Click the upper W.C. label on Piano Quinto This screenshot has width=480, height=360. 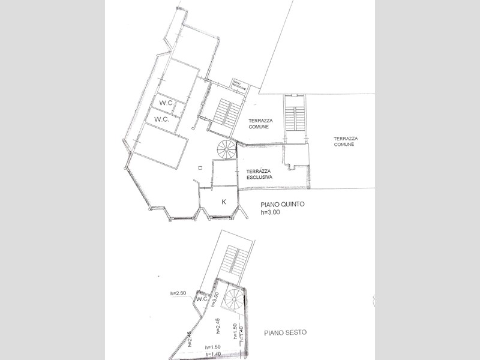[x=166, y=103]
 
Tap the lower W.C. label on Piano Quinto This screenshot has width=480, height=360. [x=161, y=119]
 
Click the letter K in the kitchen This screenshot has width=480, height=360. [x=224, y=202]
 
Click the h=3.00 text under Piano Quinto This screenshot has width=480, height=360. [x=270, y=212]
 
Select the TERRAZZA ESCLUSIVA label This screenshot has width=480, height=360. [x=261, y=174]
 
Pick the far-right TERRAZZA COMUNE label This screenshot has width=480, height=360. [x=344, y=142]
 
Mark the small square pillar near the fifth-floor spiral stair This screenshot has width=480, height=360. [x=200, y=167]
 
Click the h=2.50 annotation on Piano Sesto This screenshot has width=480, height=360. [x=179, y=293]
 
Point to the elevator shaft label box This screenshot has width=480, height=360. [x=240, y=86]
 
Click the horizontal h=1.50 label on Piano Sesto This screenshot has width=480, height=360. [x=213, y=347]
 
